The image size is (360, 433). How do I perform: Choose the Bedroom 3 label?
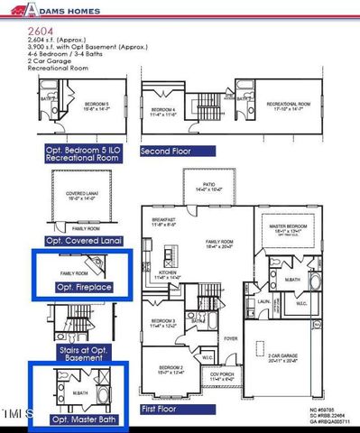coord(163,321)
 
